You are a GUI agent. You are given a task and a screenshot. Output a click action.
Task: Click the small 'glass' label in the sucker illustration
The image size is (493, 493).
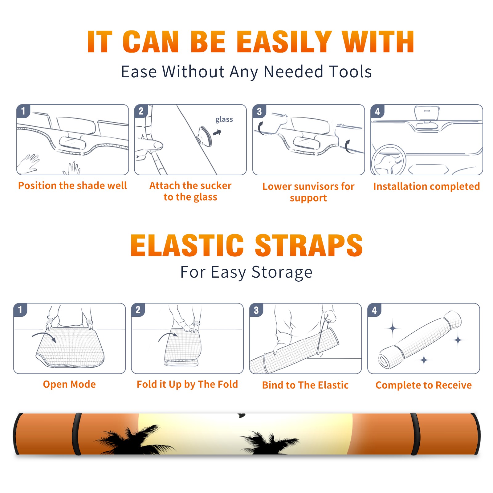pyautogui.click(x=224, y=120)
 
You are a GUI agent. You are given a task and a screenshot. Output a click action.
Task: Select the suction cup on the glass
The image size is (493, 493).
pyautogui.click(x=204, y=136)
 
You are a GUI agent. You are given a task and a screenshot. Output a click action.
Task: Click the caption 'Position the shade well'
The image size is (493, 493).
pyautogui.click(x=72, y=185)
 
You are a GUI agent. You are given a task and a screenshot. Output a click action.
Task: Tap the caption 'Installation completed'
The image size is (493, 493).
pyautogui.click(x=426, y=186)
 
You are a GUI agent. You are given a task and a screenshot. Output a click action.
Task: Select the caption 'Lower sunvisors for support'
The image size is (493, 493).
pyautogui.click(x=308, y=192)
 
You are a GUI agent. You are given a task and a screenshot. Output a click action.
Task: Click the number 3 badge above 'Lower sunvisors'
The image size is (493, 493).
pyautogui.click(x=259, y=111)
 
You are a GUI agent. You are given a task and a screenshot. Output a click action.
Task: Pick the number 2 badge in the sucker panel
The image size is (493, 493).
pyautogui.click(x=141, y=111)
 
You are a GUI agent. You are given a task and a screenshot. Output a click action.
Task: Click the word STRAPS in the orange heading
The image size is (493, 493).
pyautogui.click(x=309, y=245)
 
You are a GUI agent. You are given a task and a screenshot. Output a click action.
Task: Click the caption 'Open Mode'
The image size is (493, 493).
pyautogui.click(x=69, y=385)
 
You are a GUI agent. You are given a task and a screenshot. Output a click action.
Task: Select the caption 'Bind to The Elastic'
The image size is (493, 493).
pyautogui.click(x=305, y=385)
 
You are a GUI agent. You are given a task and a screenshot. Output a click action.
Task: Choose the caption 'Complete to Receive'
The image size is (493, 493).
pyautogui.click(x=424, y=385)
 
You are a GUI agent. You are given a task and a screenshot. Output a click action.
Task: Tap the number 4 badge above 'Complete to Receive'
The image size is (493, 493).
pyautogui.click(x=374, y=310)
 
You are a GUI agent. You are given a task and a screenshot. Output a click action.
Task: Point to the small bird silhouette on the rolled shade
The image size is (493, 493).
pyautogui.click(x=242, y=416)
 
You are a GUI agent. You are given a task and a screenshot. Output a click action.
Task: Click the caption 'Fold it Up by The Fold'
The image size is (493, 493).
pyautogui.click(x=187, y=385)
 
